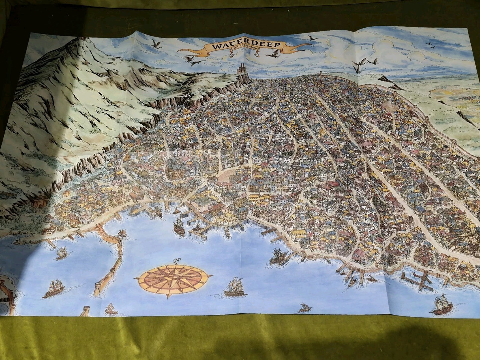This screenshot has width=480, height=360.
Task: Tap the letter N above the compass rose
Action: (x=177, y=260)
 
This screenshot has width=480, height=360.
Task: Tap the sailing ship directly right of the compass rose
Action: (x=235, y=289)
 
